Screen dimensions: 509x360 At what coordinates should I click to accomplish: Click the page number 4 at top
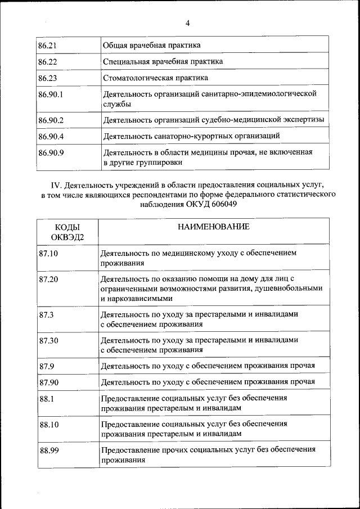tap(188, 23)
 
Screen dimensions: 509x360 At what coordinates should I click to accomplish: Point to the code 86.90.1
tap(51, 93)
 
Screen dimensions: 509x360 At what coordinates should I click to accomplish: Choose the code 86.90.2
tap(51, 120)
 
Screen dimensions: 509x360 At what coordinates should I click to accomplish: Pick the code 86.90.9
tap(51, 152)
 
